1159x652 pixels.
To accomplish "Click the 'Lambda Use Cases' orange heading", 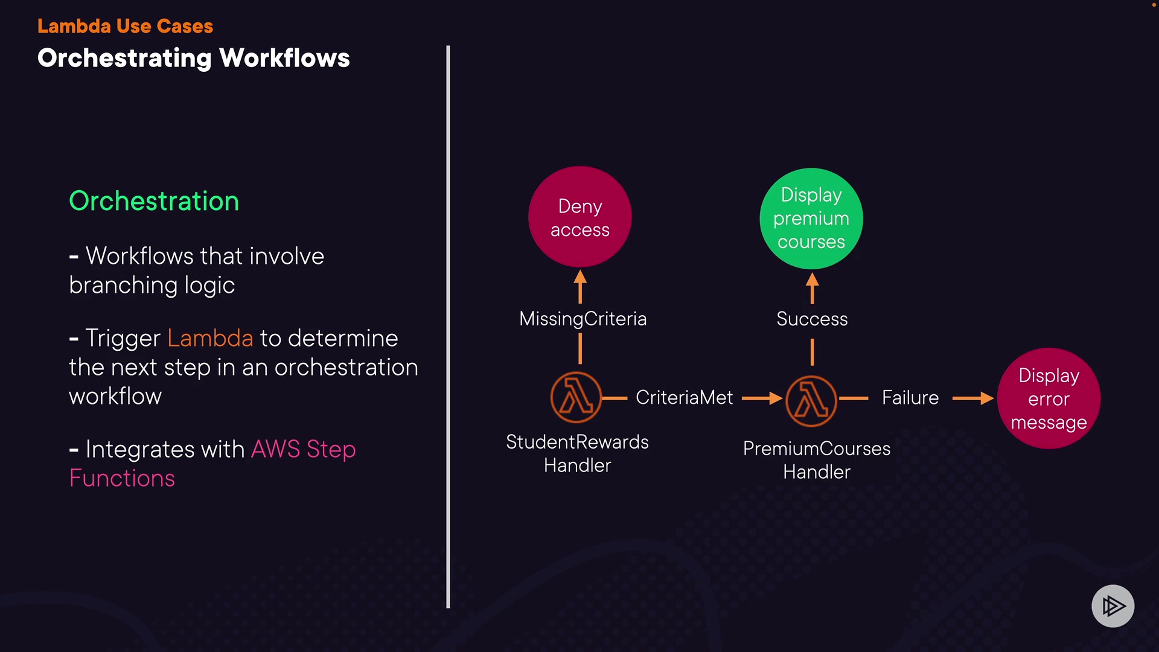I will [x=125, y=26].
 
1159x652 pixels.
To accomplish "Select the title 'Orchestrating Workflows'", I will [x=193, y=59].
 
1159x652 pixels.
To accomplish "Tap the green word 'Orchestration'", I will [x=154, y=201].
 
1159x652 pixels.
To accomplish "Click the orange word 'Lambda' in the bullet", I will [x=210, y=338].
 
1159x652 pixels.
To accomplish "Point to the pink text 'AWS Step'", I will [x=303, y=449].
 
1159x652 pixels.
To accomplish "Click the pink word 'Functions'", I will [x=122, y=478].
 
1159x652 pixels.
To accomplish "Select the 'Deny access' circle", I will [x=579, y=217].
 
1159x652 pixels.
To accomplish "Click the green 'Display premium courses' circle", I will [x=811, y=219].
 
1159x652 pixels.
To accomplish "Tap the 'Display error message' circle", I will [x=1049, y=398].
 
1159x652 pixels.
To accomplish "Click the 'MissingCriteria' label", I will [x=583, y=319].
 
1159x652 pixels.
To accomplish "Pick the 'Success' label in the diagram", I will [x=812, y=319].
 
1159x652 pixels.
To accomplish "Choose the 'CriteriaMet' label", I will [x=684, y=398].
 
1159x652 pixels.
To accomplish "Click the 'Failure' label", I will [x=910, y=398].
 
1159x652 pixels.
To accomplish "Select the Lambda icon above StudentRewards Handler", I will [x=576, y=398].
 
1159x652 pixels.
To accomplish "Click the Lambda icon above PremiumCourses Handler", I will [x=811, y=400].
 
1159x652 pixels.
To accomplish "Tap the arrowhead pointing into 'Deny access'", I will [x=580, y=278].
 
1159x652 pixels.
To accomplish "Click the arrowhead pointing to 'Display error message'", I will [x=987, y=398].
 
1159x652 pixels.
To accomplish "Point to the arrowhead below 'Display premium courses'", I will [x=812, y=280].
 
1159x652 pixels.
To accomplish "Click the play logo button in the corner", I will [x=1113, y=606].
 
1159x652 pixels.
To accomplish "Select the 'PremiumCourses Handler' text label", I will [x=816, y=460].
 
